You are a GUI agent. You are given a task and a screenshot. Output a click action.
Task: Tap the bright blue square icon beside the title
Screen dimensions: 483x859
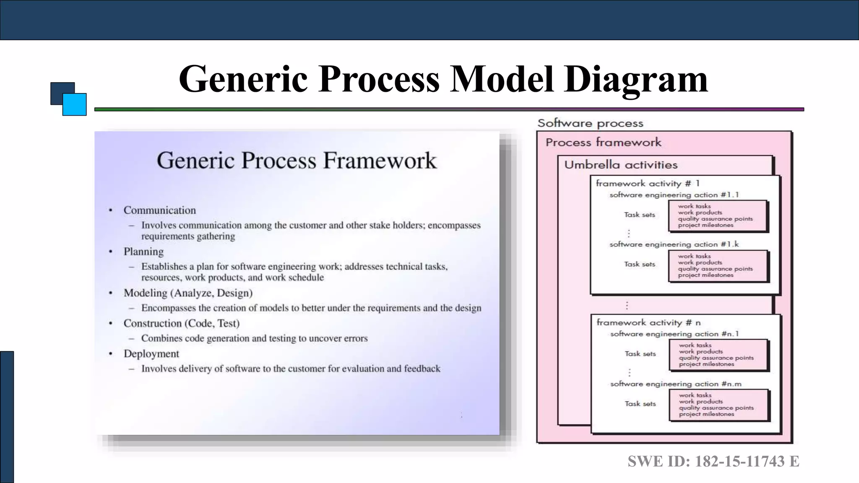click(x=75, y=104)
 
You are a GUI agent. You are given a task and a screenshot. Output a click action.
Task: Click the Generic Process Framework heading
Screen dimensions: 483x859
click(x=297, y=161)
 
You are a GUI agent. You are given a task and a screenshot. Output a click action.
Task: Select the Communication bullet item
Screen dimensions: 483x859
click(x=159, y=210)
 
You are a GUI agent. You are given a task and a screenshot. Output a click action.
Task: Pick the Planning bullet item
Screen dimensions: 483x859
click(x=143, y=252)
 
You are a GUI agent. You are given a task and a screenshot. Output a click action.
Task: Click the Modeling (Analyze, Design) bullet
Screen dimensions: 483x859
click(x=188, y=293)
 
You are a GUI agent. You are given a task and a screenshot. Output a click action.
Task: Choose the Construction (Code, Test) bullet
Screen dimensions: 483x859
click(x=181, y=323)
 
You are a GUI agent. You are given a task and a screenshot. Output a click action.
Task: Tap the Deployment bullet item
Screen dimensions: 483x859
click(x=151, y=354)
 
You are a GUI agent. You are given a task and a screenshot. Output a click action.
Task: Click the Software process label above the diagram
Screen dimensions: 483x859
click(x=590, y=123)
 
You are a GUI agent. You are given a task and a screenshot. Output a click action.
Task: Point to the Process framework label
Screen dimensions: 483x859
click(x=603, y=143)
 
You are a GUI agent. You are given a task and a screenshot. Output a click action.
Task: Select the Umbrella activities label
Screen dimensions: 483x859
click(x=621, y=165)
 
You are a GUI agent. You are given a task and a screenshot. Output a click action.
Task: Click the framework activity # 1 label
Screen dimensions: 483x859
click(x=648, y=183)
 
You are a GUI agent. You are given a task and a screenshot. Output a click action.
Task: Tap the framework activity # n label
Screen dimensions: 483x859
click(x=648, y=322)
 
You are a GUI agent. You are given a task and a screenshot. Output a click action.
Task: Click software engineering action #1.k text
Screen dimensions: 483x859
click(x=674, y=244)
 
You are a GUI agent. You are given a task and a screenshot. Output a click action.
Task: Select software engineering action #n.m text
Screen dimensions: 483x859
click(x=676, y=384)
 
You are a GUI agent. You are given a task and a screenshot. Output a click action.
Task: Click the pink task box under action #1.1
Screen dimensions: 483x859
click(x=717, y=216)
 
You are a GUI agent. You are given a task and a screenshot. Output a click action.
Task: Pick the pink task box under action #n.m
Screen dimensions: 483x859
click(x=718, y=405)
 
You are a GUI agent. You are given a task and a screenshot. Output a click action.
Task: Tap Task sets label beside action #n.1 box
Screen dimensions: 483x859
click(x=640, y=354)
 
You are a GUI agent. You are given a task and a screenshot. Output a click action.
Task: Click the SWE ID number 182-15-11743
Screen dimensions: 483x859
click(x=740, y=461)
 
